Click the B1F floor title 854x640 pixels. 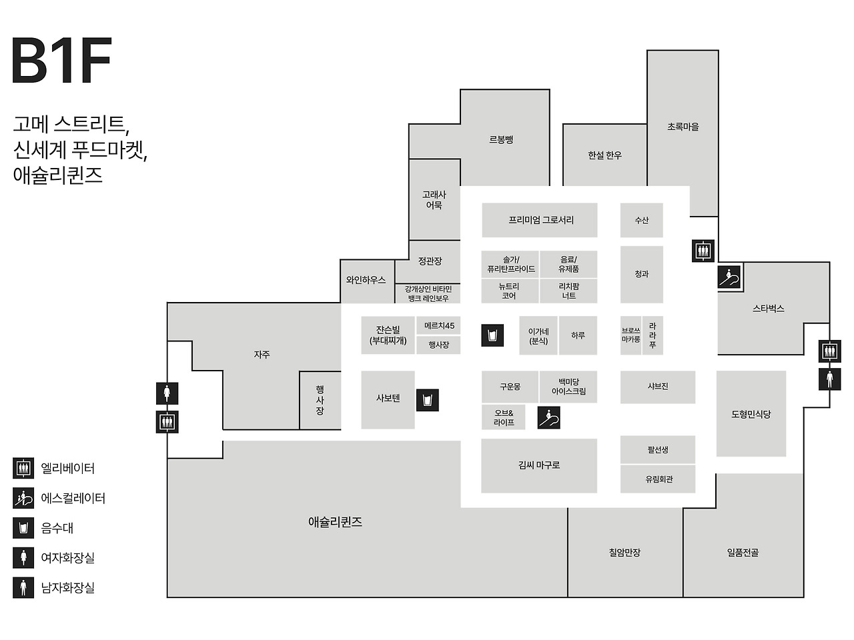pos(61,61)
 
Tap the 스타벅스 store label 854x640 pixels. pos(768,309)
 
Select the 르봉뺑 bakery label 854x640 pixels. pos(500,140)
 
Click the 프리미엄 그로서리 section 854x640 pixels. pos(540,220)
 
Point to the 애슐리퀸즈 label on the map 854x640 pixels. pos(335,522)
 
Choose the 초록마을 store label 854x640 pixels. pos(683,127)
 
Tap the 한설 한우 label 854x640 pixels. pos(604,155)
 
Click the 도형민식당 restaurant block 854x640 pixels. pos(751,414)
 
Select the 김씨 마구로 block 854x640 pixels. pos(539,465)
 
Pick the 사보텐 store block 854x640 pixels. pos(388,399)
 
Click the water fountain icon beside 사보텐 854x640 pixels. pos(428,400)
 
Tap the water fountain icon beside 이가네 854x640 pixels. pos(492,335)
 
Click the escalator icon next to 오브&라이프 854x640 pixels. pos(548,418)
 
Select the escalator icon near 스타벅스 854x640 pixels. pos(729,277)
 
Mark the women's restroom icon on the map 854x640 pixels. pos(167,393)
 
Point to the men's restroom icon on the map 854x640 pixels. pos(829,379)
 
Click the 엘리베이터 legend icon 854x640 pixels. pos(23,469)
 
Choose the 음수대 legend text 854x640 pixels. pos(57,529)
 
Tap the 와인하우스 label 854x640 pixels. pos(366,281)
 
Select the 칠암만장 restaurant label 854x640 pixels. pos(624,553)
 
